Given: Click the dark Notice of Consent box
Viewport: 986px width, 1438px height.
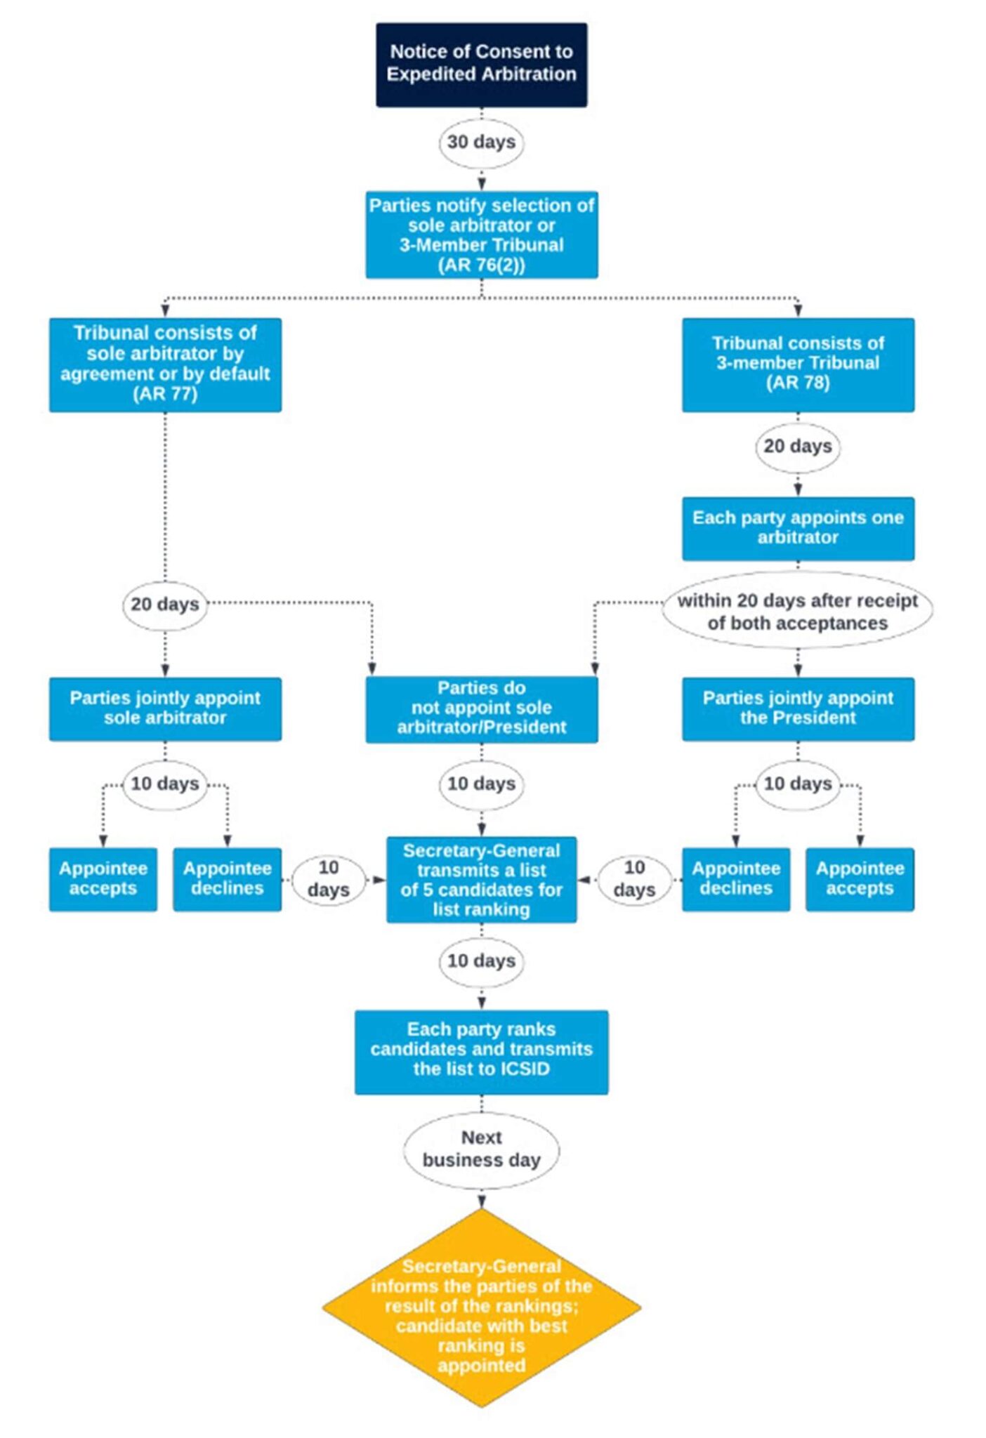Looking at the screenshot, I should (481, 65).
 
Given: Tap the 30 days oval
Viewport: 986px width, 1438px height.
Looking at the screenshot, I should (481, 142).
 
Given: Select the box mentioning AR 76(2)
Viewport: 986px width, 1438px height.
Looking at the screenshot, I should (481, 235).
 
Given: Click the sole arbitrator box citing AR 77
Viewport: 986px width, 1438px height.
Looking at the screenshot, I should (165, 364).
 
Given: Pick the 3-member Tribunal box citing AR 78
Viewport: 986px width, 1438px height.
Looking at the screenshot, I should (798, 364).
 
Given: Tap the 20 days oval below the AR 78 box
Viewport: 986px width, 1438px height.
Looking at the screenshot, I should (798, 447).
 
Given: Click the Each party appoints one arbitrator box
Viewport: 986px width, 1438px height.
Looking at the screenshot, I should (798, 528).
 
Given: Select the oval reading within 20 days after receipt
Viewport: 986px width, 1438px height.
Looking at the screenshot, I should (798, 611).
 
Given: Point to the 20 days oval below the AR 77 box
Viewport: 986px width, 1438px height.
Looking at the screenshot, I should (165, 604).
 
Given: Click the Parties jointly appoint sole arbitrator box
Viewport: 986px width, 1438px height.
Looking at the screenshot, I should (165, 708).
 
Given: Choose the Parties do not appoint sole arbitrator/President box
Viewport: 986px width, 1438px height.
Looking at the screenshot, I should (481, 708).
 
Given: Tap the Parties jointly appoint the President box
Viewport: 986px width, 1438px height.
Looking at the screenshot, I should (798, 708).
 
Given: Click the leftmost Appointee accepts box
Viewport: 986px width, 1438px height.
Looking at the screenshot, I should (103, 879).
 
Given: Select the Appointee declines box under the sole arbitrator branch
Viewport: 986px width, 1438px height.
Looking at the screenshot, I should (227, 879).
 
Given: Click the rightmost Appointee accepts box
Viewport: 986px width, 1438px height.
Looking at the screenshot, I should (860, 879).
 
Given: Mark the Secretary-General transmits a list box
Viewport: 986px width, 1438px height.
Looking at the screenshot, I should (481, 880).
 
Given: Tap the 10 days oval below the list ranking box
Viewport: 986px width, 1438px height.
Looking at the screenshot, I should (481, 961).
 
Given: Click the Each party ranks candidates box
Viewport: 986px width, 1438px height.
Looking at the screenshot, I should (481, 1051).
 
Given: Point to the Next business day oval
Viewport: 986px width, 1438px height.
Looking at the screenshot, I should (481, 1149).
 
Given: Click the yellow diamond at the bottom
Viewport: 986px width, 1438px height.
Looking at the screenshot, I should (481, 1308).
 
